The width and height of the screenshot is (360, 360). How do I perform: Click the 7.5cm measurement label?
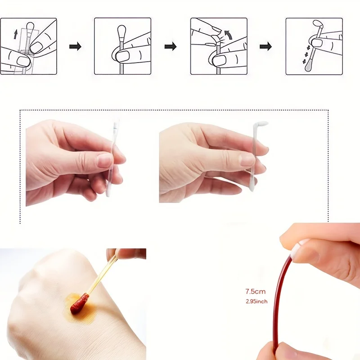point(255,292)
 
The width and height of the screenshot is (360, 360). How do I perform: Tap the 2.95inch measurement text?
point(256,301)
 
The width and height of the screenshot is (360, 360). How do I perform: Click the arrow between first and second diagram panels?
point(75,47)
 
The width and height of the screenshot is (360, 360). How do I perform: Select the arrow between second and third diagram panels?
point(171,47)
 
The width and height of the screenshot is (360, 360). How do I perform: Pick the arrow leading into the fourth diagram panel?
point(265,47)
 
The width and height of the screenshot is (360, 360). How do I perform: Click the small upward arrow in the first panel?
point(15,34)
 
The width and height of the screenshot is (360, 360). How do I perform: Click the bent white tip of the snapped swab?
point(261,124)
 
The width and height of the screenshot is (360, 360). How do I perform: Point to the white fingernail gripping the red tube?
point(301,245)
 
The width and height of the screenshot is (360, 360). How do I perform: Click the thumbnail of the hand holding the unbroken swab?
point(105,160)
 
